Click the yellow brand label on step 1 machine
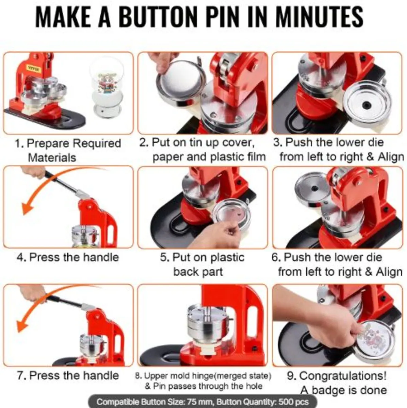point(34,69)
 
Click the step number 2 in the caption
point(143,142)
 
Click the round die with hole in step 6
point(312,188)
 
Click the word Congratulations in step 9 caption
point(343,376)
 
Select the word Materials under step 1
point(52,158)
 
